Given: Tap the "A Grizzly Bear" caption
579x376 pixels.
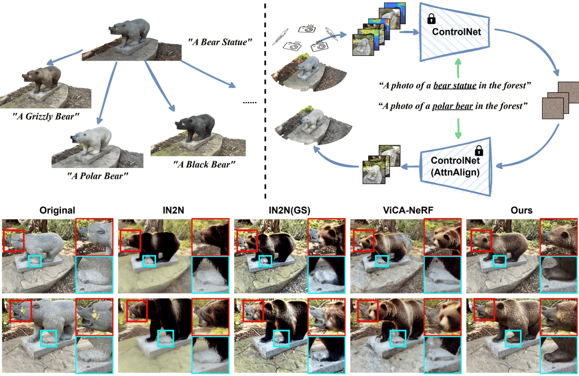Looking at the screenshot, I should point(46,116).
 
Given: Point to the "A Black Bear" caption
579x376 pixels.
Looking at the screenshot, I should point(204,165).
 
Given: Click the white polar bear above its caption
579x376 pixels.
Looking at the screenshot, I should point(95,138).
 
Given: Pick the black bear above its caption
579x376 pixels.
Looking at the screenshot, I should point(195,127).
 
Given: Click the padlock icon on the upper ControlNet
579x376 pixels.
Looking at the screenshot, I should point(431,19).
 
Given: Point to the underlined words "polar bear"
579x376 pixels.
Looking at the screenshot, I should point(453,106).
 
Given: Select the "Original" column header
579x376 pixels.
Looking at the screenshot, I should point(57,210).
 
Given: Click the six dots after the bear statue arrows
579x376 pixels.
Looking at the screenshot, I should point(249,102).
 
